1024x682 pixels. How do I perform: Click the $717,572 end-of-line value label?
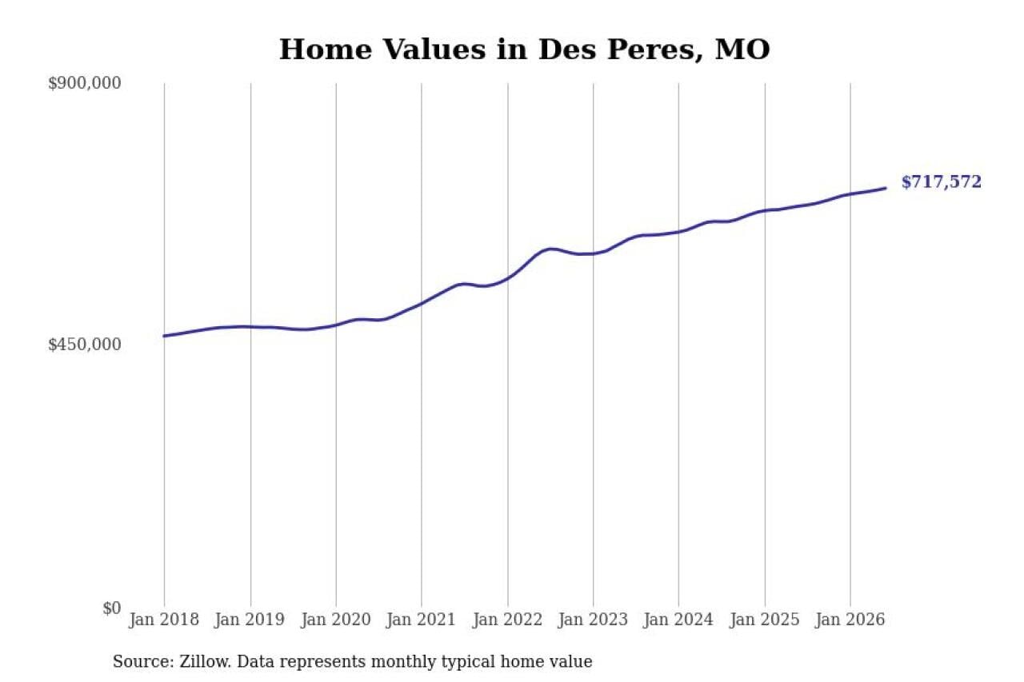942,181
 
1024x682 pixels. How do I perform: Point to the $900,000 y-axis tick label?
85,83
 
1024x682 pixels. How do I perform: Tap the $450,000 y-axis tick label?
85,344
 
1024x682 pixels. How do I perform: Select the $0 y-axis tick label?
111,608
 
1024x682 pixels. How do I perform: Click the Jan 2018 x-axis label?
164,620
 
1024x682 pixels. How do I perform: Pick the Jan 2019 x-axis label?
250,620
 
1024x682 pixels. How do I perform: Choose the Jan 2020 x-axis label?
335,620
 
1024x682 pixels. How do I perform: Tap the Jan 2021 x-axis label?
421,620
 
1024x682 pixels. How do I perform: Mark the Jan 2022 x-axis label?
507,620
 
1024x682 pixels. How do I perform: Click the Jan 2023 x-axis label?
593,620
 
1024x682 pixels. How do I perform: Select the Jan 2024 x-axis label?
678,620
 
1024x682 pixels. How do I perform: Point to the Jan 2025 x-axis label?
765,620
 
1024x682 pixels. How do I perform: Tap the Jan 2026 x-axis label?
850,620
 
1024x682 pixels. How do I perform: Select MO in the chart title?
743,50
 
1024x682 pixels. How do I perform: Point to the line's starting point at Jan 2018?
165,336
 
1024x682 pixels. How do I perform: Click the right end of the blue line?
886,188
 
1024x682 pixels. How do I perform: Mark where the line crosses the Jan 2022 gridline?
508,277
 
